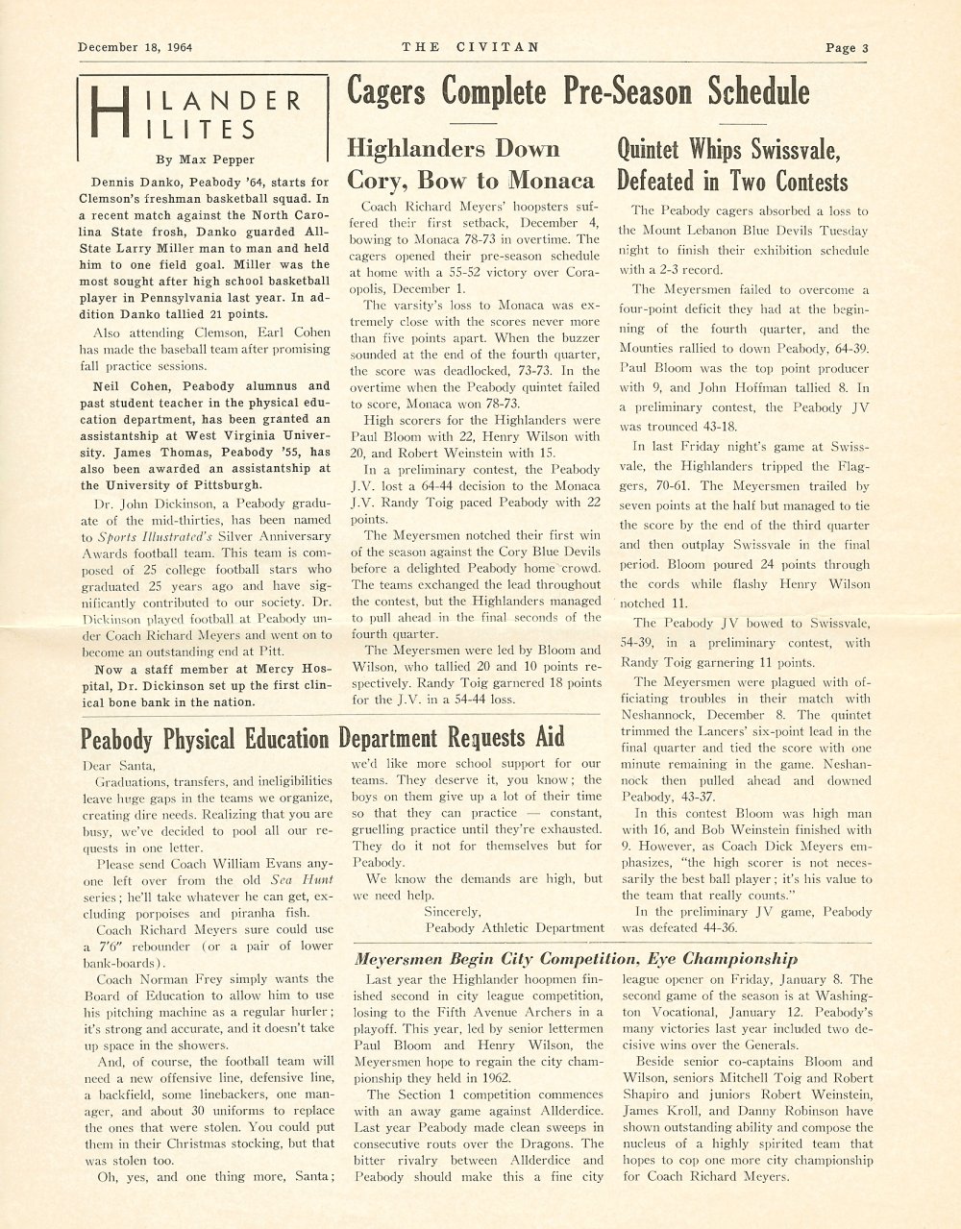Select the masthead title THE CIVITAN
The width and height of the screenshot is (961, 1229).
tap(470, 46)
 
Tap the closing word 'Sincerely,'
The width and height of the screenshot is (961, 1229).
tap(456, 911)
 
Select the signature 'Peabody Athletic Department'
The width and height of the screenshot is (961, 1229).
tap(514, 928)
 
